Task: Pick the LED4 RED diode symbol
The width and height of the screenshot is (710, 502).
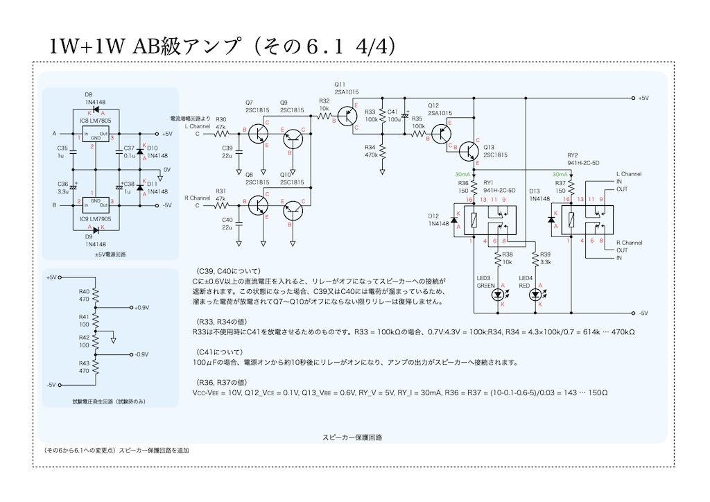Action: (535, 295)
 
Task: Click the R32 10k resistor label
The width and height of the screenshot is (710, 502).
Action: (324, 105)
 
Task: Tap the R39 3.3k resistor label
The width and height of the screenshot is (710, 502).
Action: (545, 259)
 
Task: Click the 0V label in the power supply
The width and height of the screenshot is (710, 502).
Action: (167, 169)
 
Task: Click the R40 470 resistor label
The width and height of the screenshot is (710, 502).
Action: (84, 295)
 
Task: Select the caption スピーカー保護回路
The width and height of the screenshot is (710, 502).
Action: (352, 438)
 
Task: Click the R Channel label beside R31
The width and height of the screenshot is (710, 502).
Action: (197, 198)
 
